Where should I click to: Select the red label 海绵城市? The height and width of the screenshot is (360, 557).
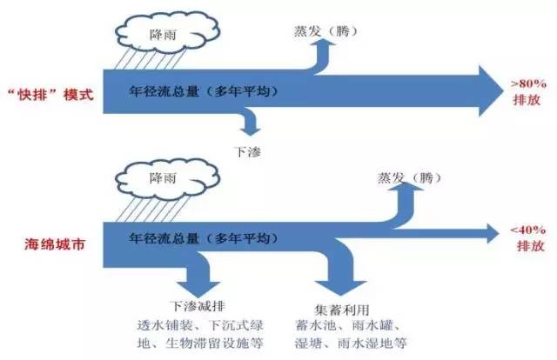click(x=55, y=244)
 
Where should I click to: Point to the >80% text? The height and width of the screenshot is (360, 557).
click(x=528, y=84)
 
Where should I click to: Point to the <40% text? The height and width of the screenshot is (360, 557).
click(x=528, y=230)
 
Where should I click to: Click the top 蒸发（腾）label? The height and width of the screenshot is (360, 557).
click(x=325, y=31)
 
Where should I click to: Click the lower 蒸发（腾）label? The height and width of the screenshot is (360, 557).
click(x=409, y=177)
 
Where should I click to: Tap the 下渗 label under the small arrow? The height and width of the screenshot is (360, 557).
click(x=247, y=152)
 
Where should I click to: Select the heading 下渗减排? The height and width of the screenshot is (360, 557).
click(x=198, y=306)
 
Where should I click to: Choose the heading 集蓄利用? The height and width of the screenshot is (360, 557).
click(x=342, y=310)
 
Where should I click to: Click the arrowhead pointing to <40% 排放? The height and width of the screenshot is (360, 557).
click(x=493, y=233)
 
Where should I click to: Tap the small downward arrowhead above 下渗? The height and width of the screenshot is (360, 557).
click(x=250, y=131)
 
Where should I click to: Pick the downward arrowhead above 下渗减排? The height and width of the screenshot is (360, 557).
click(x=199, y=290)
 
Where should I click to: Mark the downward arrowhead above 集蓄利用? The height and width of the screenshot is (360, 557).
click(x=340, y=288)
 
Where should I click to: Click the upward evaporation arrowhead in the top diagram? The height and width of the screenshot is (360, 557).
click(x=324, y=43)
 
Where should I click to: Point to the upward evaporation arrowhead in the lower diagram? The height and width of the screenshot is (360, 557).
click(x=406, y=186)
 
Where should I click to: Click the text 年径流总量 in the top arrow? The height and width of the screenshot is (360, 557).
click(x=164, y=91)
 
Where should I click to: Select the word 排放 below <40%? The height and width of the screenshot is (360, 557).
click(x=530, y=246)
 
